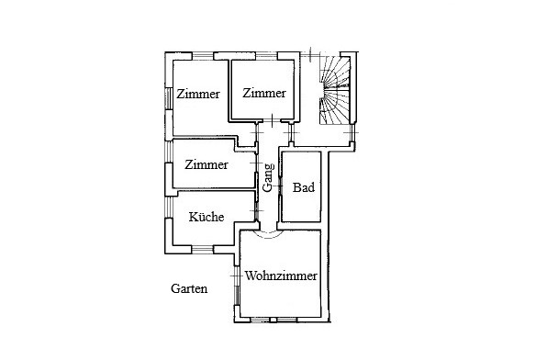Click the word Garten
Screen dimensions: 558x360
tap(189, 288)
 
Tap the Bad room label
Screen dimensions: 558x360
tap(304, 187)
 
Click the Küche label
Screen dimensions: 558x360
tap(206, 217)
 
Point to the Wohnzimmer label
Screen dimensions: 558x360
tap(281, 276)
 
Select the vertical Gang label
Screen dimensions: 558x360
tap(268, 177)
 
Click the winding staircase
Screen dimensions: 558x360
tap(334, 90)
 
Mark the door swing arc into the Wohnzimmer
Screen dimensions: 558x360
tap(268, 235)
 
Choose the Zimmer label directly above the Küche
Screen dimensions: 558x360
tap(206, 164)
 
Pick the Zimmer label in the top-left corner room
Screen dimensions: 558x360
tap(198, 94)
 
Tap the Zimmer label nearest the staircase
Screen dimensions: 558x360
tap(264, 93)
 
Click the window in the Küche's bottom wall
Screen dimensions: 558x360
tap(203, 249)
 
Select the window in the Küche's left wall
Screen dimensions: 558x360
tap(169, 208)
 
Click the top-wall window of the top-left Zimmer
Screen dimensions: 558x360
tap(203, 56)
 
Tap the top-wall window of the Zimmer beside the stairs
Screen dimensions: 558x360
tap(266, 56)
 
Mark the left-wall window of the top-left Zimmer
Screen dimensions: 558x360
tap(169, 98)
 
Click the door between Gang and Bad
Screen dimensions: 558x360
tap(280, 186)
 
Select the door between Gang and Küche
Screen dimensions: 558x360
tap(257, 211)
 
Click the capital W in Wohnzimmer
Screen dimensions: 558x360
tap(250, 276)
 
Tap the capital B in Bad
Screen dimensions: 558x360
tap(296, 187)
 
